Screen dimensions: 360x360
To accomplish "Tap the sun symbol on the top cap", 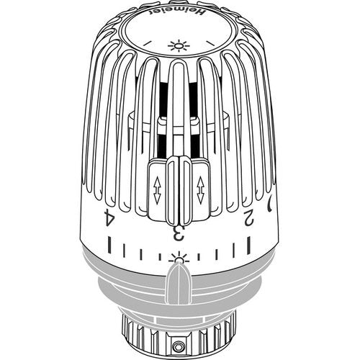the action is pos(179,46).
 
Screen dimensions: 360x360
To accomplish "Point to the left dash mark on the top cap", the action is pos(148,42).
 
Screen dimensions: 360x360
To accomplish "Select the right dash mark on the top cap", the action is pos(210,42).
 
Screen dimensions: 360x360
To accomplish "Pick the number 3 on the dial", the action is pos(179,233).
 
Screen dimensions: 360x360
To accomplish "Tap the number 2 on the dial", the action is pos(249,217).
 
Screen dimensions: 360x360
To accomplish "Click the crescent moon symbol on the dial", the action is pos(270,204).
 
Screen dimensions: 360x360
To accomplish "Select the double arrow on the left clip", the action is pos(157,191).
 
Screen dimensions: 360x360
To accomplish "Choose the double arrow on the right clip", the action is pos(200,191).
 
